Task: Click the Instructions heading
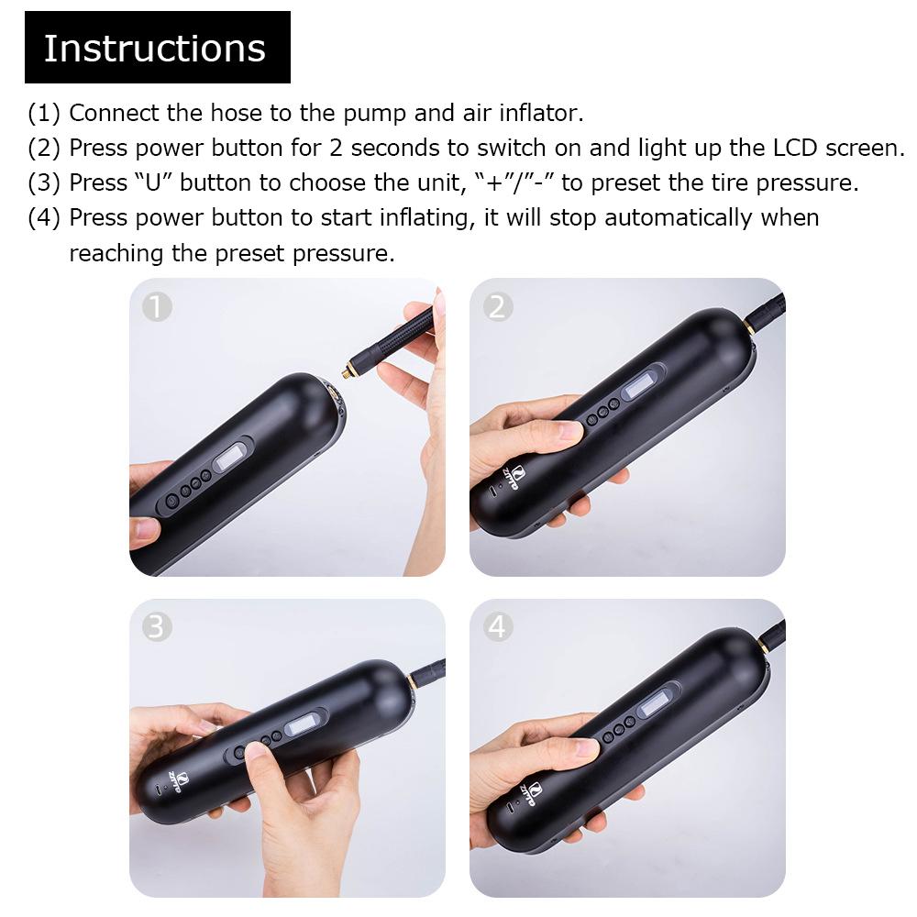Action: [155, 48]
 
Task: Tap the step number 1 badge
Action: [158, 307]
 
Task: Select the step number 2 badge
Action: [497, 307]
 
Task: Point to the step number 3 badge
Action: [158, 627]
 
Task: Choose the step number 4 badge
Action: [497, 627]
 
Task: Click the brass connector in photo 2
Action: [749, 324]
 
